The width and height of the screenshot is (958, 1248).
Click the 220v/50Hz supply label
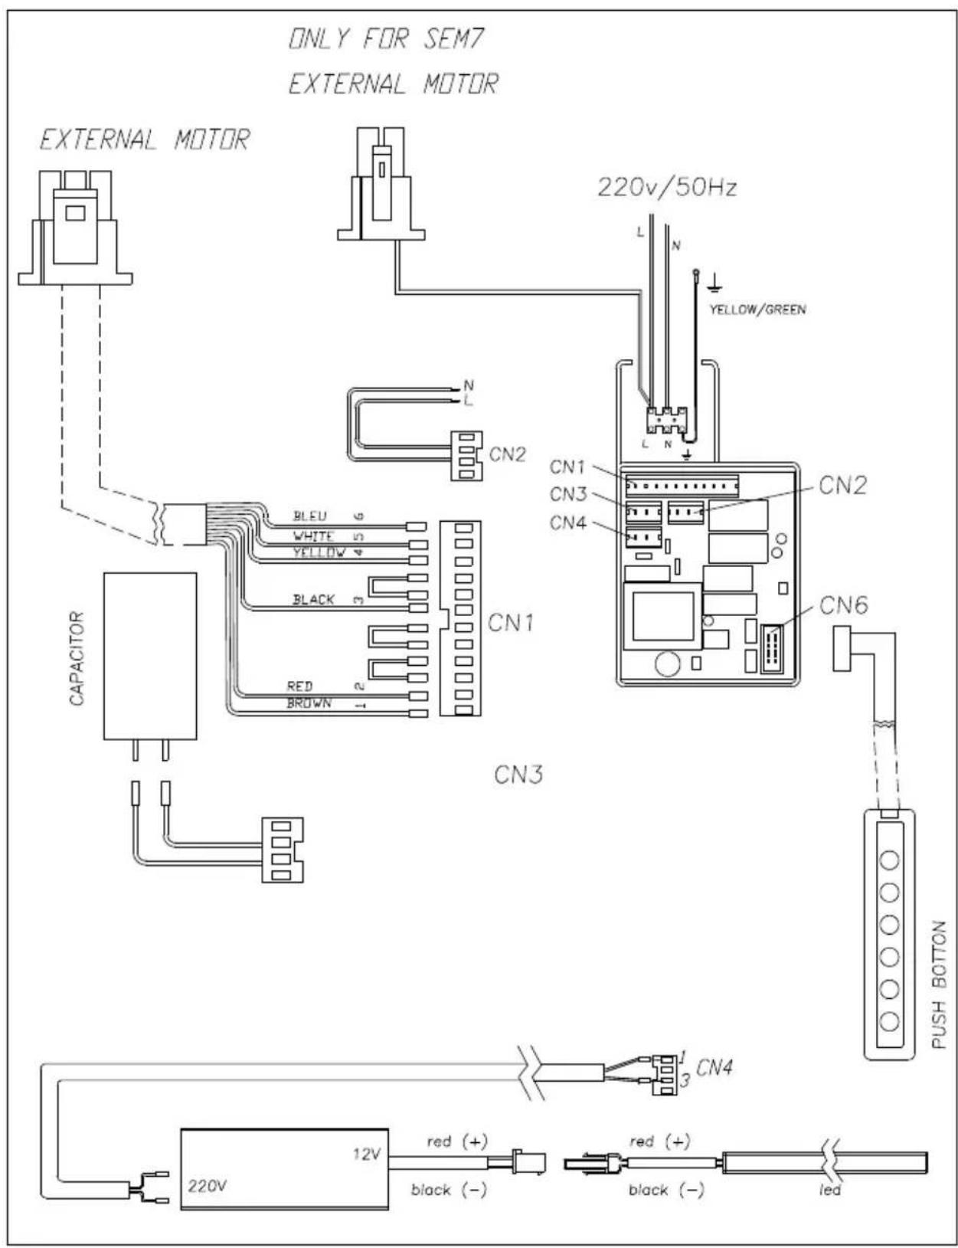click(x=667, y=188)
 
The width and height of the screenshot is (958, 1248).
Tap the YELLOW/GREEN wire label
click(x=757, y=310)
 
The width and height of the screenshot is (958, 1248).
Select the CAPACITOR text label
click(x=77, y=658)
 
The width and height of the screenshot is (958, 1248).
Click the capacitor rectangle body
click(x=150, y=656)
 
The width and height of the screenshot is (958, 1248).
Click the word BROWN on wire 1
click(x=309, y=703)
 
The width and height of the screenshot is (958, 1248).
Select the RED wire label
click(x=299, y=686)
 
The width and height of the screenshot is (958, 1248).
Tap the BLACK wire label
click(x=313, y=600)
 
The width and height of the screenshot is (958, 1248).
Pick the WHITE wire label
click(x=313, y=536)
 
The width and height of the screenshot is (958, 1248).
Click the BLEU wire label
click(x=310, y=516)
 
